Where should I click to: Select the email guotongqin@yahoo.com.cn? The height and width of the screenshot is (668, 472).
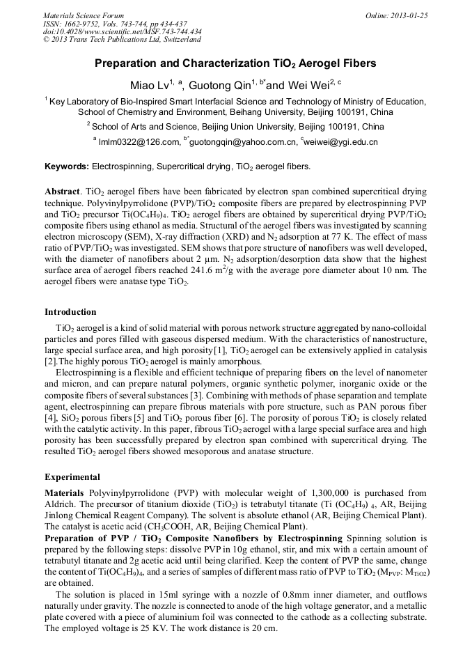coord(242,141)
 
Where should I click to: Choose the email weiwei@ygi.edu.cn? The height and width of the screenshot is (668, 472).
coord(342,141)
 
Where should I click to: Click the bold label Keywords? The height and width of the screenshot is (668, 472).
coord(67,166)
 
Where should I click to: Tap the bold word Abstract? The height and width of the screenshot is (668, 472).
coord(63,191)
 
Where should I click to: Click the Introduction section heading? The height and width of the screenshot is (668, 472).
coord(70,311)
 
